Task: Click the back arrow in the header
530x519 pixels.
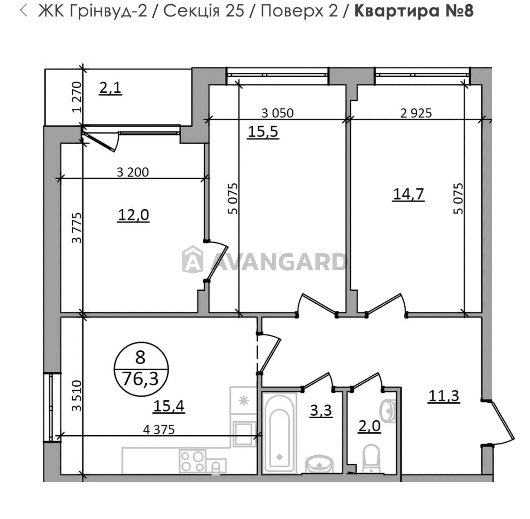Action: coord(24,11)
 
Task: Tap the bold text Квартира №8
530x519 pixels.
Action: coord(413,11)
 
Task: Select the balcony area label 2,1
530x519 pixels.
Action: coord(111,88)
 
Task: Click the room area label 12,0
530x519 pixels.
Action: coord(133,215)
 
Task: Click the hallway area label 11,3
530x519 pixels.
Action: coord(444,395)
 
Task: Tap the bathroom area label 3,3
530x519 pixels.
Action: coord(321,410)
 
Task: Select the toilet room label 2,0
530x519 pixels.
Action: coord(369,426)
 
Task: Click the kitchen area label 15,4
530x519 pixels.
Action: coord(169,406)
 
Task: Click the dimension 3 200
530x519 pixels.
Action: coord(133,172)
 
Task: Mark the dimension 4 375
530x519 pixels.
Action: coord(159,430)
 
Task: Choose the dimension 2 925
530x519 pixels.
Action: coord(416,113)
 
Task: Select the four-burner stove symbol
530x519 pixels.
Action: coord(192,461)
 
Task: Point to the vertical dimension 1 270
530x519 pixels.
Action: coord(77,97)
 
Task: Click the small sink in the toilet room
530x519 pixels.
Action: coord(388,411)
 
